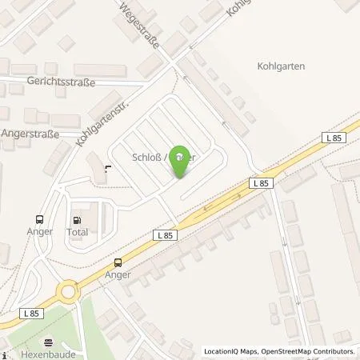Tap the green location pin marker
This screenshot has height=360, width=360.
(x=182, y=160)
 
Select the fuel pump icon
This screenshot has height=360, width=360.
(x=78, y=218)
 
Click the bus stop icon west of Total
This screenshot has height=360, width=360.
(x=39, y=219)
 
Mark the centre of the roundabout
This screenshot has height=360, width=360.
(x=68, y=289)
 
